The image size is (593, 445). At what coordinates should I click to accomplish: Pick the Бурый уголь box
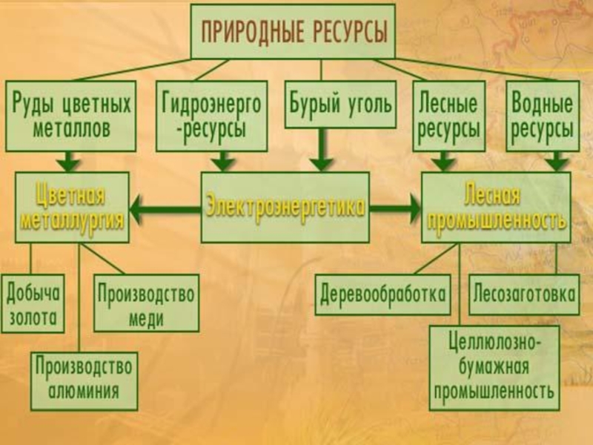(339, 104)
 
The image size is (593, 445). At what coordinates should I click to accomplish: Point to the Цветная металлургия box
(71, 208)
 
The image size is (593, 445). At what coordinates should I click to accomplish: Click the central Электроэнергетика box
(285, 207)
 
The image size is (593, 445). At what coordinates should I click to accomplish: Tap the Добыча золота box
(33, 305)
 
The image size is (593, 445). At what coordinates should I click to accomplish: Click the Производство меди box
(146, 305)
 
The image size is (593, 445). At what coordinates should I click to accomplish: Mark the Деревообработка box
(383, 294)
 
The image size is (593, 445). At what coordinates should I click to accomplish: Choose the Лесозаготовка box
(524, 294)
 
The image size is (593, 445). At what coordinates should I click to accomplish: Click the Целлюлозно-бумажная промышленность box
(494, 368)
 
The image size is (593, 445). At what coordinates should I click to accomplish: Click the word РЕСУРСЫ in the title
(344, 32)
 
